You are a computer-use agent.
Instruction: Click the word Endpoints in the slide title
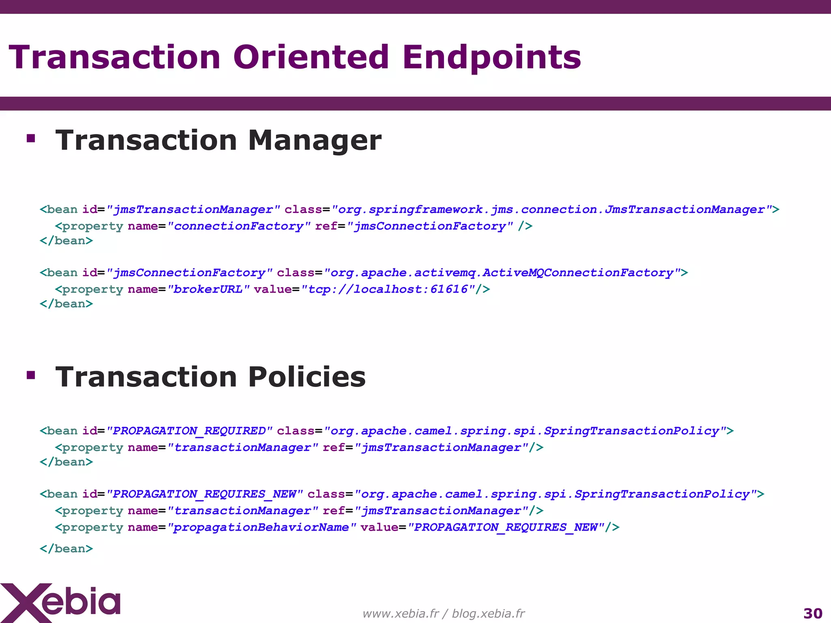pos(491,58)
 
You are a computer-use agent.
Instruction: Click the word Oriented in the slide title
pos(311,57)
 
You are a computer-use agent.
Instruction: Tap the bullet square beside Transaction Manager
pos(31,139)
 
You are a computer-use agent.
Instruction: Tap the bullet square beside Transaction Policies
pos(31,375)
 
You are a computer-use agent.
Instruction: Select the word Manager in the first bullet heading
pos(314,140)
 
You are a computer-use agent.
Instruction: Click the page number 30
pos(813,613)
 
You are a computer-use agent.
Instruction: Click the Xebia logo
pos(61,602)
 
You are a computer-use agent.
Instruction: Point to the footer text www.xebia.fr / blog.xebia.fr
pos(443,614)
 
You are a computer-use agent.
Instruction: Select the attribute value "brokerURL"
pos(208,289)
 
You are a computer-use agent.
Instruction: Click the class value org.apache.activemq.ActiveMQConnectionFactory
pos(502,273)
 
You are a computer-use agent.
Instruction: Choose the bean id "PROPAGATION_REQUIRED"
pos(189,431)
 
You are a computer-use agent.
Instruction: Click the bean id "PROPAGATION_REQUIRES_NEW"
pos(204,494)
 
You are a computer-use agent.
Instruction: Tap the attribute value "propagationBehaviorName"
pos(261,527)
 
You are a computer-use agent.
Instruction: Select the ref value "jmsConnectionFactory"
pos(430,226)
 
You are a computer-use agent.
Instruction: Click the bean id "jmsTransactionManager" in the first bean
pos(193,209)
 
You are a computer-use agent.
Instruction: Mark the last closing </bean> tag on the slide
pos(66,549)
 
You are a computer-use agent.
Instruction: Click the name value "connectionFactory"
pos(239,226)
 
